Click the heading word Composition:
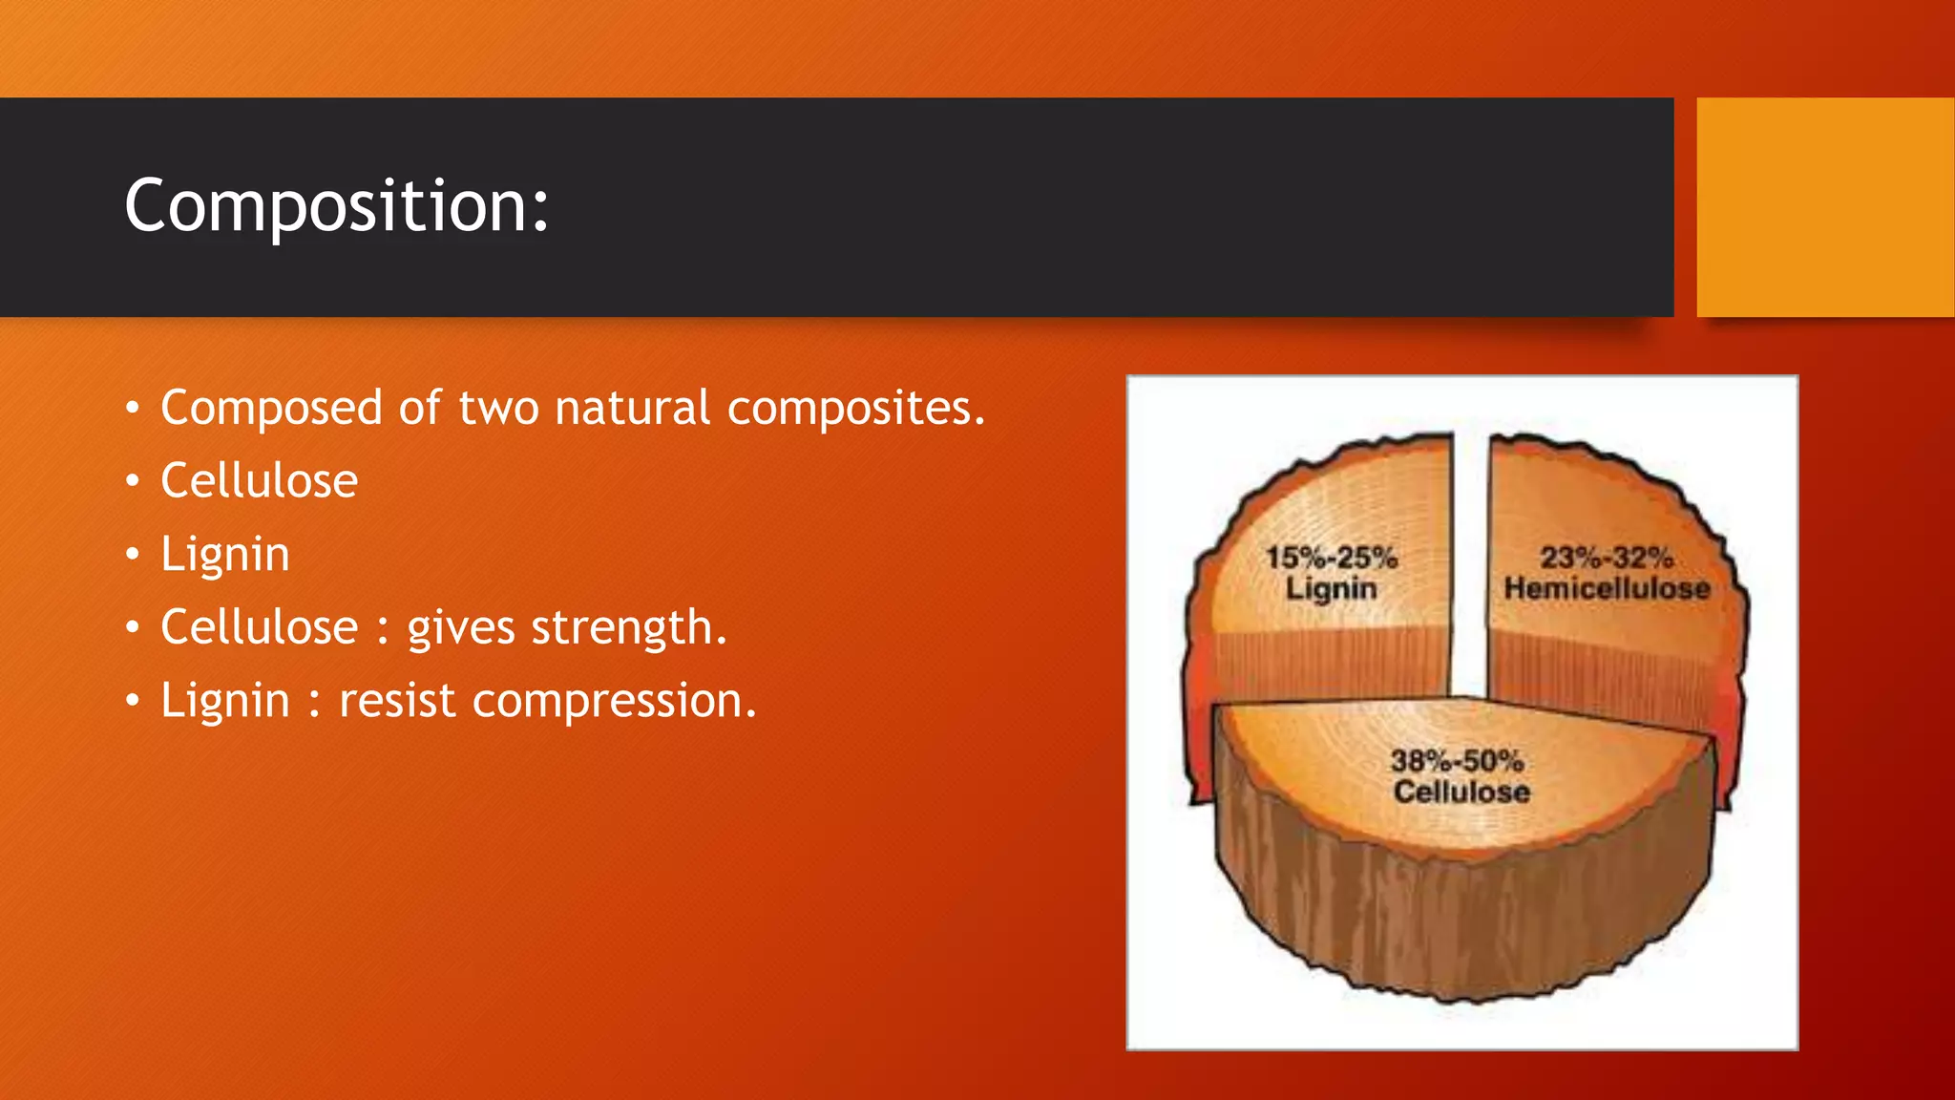click(337, 205)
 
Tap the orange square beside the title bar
click(1824, 207)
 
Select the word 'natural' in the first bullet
click(632, 408)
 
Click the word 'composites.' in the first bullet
click(855, 408)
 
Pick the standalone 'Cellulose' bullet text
click(259, 480)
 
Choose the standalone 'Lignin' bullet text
click(224, 554)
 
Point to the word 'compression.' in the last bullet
click(614, 700)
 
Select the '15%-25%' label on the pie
click(1331, 558)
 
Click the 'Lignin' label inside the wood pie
click(1331, 588)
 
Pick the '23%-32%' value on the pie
click(1606, 558)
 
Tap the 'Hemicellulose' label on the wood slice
click(1607, 588)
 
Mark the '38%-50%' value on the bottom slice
click(1457, 761)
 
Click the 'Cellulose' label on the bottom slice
click(1461, 792)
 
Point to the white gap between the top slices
click(1470, 573)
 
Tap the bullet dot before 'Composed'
click(133, 409)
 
